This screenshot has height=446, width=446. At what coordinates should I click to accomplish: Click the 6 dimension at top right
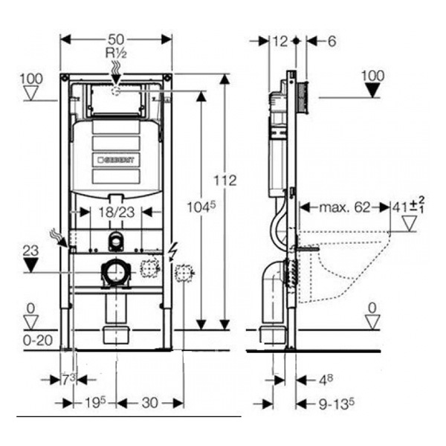click(x=332, y=42)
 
